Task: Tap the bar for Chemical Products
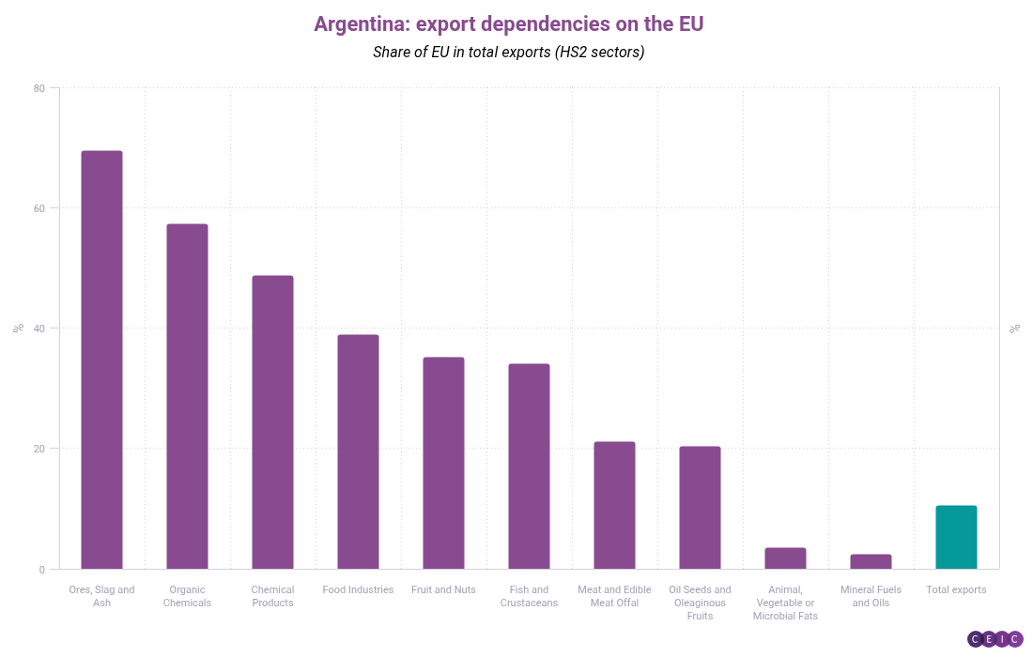pos(272,422)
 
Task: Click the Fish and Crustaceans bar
pos(529,466)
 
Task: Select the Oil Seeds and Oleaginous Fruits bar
pos(700,508)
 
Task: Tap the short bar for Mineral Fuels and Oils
pos(871,561)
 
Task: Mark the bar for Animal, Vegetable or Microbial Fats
pos(785,558)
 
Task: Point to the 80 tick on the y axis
pos(39,88)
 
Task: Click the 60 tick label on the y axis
pos(39,208)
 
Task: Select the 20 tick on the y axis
pos(39,449)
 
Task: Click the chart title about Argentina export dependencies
pos(508,24)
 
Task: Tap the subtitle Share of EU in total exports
pos(508,53)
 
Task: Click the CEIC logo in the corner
pos(994,639)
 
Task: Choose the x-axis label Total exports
pos(956,589)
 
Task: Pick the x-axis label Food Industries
pos(358,589)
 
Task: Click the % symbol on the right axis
pos(1014,328)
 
